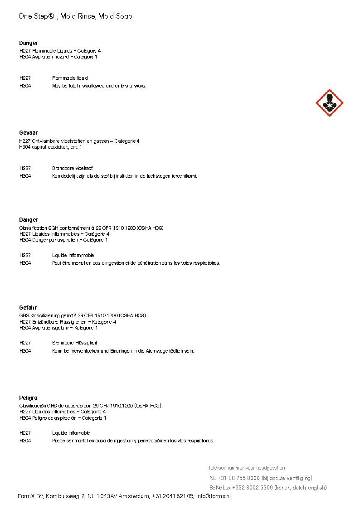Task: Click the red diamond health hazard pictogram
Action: tap(329, 103)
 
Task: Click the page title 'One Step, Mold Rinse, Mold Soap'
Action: tap(76, 16)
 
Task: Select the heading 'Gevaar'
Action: tap(28, 133)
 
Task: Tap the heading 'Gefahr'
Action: tap(28, 308)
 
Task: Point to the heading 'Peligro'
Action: tap(28, 398)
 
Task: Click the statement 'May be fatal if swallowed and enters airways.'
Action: tap(99, 86)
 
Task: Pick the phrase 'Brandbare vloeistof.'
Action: tap(73, 168)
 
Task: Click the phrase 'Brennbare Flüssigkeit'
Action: tap(74, 343)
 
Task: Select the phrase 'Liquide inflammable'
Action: tap(73, 256)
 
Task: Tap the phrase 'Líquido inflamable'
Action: tap(71, 433)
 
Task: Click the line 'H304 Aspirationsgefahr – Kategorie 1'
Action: tap(58, 328)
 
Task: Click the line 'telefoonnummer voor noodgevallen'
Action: tap(247, 468)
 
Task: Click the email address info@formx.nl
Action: tap(213, 497)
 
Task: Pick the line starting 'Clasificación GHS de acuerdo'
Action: tap(90, 406)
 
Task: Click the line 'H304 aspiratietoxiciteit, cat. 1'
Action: tap(50, 147)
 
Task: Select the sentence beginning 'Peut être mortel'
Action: tap(136, 263)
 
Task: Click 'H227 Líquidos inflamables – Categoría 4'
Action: tap(63, 412)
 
